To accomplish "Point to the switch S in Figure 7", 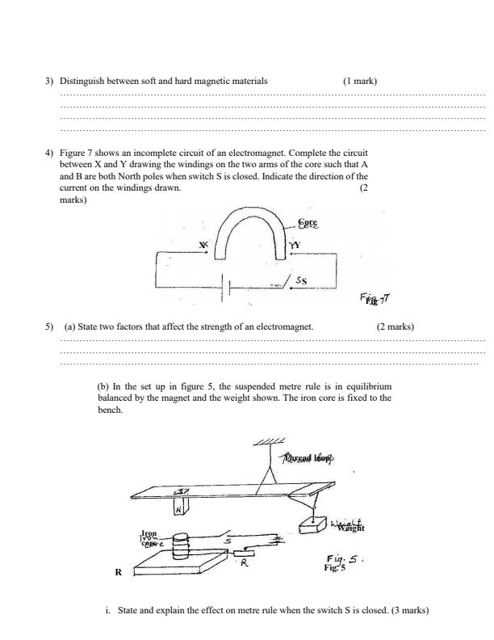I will coord(284,282).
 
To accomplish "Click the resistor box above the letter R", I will coord(244,554).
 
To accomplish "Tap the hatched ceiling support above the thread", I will coord(268,442).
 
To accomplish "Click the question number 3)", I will coord(49,81).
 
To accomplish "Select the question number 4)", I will coord(49,153).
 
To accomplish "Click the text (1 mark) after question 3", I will coord(359,81).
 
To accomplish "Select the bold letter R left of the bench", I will coord(118,571).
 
